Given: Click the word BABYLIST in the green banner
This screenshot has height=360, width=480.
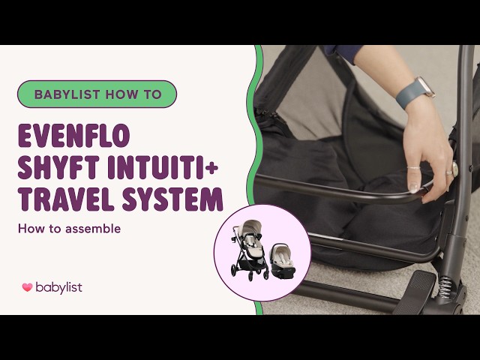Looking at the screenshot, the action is [x=67, y=94].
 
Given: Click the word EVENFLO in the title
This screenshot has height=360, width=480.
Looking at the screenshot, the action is [x=73, y=136].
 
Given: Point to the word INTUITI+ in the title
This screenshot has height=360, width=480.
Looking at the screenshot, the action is [x=163, y=167].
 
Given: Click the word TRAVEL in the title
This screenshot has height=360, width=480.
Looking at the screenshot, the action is [x=66, y=199].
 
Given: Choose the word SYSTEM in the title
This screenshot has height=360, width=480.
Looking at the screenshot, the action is [x=172, y=199].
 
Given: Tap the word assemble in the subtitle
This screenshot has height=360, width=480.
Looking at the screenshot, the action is [x=93, y=229].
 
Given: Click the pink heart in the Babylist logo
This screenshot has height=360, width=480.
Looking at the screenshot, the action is [x=27, y=287].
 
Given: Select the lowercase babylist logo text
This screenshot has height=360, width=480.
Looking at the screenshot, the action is [x=58, y=287].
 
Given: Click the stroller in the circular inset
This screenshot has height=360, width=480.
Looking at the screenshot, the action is [x=249, y=250].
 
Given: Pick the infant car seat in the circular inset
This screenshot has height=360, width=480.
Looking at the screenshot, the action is [x=282, y=260].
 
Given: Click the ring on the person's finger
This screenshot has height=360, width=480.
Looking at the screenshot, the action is [x=449, y=172].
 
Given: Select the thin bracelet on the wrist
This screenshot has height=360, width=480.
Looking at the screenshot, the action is [x=414, y=168].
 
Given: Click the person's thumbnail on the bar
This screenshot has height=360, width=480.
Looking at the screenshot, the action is [x=414, y=187].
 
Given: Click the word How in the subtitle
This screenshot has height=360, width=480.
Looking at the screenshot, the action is [x=31, y=229].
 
